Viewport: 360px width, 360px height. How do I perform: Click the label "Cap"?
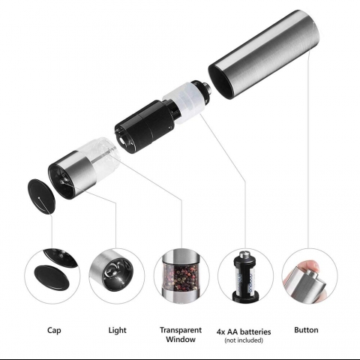pos(54,330)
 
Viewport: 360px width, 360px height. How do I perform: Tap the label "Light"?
pos(117,330)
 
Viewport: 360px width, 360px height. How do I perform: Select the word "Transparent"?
pos(181,330)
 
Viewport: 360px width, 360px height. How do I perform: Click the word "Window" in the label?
pos(181,339)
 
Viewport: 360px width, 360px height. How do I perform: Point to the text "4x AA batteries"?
pos(244,331)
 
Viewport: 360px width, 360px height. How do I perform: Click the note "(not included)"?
pos(244,340)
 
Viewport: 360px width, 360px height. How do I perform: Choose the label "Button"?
pos(306,330)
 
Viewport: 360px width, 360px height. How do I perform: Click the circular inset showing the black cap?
pos(52,276)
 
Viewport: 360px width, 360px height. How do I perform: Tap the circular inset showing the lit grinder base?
pos(117,276)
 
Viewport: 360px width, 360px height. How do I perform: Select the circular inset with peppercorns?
pos(181,276)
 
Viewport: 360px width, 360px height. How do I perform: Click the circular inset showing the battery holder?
pos(245,276)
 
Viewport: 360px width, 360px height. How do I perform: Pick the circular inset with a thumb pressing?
pos(310,276)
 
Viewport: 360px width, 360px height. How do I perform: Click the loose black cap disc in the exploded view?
pos(41,196)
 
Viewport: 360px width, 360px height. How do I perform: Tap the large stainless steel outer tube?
pos(264,54)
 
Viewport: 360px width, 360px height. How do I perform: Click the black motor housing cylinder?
pos(145,125)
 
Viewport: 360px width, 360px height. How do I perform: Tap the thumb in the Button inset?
pos(309,266)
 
